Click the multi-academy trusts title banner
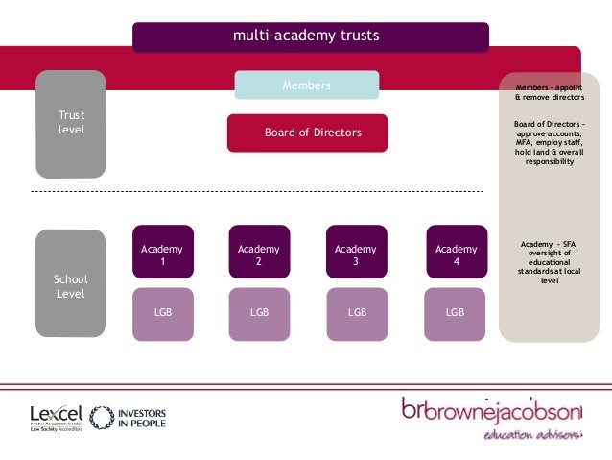[x=310, y=36]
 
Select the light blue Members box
[x=306, y=85]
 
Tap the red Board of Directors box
[x=307, y=133]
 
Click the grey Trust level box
[x=71, y=123]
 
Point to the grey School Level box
[x=71, y=285]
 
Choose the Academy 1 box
[x=162, y=255]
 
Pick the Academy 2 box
[x=259, y=255]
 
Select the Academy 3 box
[x=356, y=255]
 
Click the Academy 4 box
[x=456, y=255]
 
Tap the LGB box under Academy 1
[x=162, y=313]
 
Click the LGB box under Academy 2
[x=259, y=313]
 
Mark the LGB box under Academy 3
[x=356, y=313]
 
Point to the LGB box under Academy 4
[x=456, y=313]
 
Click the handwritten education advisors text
[x=533, y=435]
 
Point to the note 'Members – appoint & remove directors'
[x=550, y=92]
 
